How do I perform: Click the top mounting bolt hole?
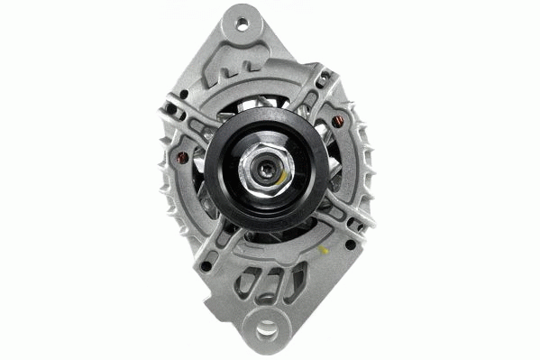(x=241, y=24)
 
